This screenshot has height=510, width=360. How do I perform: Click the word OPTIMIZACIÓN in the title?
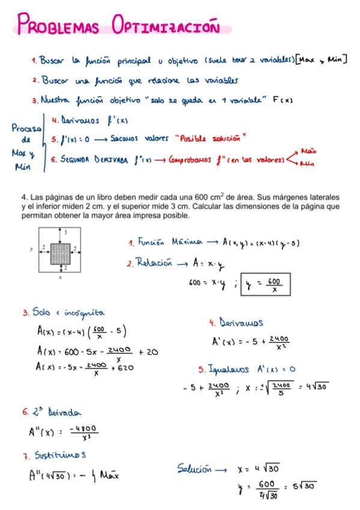pyautogui.click(x=163, y=27)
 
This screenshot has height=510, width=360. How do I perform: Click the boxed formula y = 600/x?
pyautogui.click(x=265, y=284)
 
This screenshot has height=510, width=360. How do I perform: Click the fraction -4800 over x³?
pyautogui.click(x=83, y=433)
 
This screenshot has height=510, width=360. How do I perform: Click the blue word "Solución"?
pyautogui.click(x=195, y=468)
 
